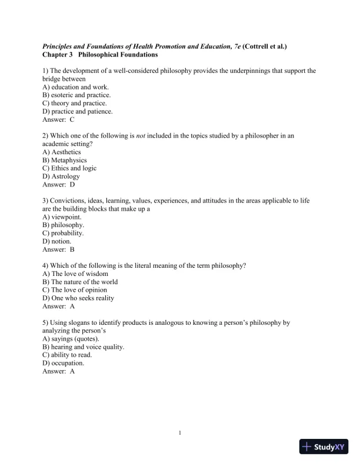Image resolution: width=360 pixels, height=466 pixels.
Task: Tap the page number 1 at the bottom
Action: pyautogui.click(x=180, y=434)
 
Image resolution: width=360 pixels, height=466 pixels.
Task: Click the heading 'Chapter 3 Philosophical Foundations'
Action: pyautogui.click(x=101, y=55)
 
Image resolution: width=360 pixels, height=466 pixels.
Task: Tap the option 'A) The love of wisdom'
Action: pyautogui.click(x=75, y=274)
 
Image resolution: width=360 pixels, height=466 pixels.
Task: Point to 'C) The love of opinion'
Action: pyautogui.click(x=75, y=289)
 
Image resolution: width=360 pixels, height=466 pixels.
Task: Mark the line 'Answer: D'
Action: pyautogui.click(x=59, y=184)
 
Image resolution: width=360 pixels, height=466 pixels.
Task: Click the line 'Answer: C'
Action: pyautogui.click(x=58, y=119)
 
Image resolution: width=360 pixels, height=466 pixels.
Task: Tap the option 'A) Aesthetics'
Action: pyautogui.click(x=62, y=152)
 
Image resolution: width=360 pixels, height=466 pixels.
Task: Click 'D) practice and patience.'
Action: pyautogui.click(x=78, y=111)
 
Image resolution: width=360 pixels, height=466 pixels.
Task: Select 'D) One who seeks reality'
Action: pyautogui.click(x=78, y=298)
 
